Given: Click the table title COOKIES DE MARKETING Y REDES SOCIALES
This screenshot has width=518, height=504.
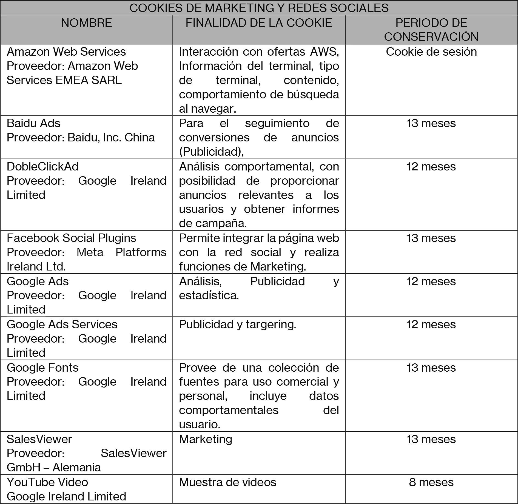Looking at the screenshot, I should coord(259,8).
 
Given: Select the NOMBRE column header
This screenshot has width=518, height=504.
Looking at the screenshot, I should coord(86,23).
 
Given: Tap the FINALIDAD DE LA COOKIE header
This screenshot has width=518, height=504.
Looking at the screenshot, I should coord(259,23).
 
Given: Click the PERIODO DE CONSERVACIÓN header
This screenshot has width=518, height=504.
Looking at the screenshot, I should coord(431,30).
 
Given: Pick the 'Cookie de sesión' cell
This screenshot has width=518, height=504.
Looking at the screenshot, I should coord(431,52).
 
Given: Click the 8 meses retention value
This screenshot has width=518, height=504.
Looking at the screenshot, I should coord(431,482).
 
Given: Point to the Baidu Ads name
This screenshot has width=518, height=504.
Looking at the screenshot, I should coord(33,123).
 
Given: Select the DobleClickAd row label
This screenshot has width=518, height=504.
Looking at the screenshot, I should coord(42,167).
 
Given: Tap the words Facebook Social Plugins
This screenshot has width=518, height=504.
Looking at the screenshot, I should coord(71,238).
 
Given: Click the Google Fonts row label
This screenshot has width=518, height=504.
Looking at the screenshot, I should coord(42,368).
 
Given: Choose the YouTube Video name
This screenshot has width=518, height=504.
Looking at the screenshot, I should coord(47,482).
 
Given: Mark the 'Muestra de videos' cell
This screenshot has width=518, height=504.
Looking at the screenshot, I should coord(227,482).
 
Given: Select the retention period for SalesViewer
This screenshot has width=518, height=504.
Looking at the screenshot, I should coord(431,439).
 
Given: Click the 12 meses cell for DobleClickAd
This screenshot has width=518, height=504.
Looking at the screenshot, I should coord(431,167).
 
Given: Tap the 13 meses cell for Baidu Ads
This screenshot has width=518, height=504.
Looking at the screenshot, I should coord(431,123).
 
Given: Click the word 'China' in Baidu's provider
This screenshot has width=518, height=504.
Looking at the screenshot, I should coord(140,138).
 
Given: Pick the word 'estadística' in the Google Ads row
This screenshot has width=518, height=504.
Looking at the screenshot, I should coord(209,295).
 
